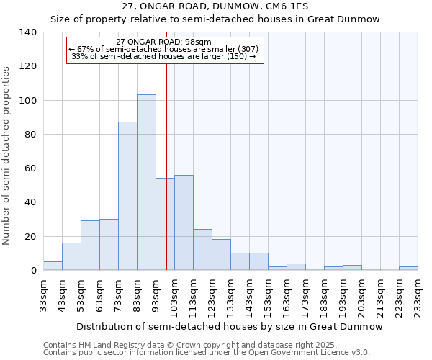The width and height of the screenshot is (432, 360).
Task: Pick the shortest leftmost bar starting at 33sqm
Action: click(x=53, y=266)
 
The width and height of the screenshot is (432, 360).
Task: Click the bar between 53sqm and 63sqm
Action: click(x=90, y=246)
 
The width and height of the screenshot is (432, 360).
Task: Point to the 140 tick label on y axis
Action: click(x=28, y=32)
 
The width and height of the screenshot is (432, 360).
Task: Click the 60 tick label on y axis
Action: click(x=31, y=168)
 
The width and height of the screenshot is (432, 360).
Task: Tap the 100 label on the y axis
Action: click(x=28, y=100)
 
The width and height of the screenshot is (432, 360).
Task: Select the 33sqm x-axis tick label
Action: click(x=43, y=296)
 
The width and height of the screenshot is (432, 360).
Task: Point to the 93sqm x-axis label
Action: click(x=156, y=296)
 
